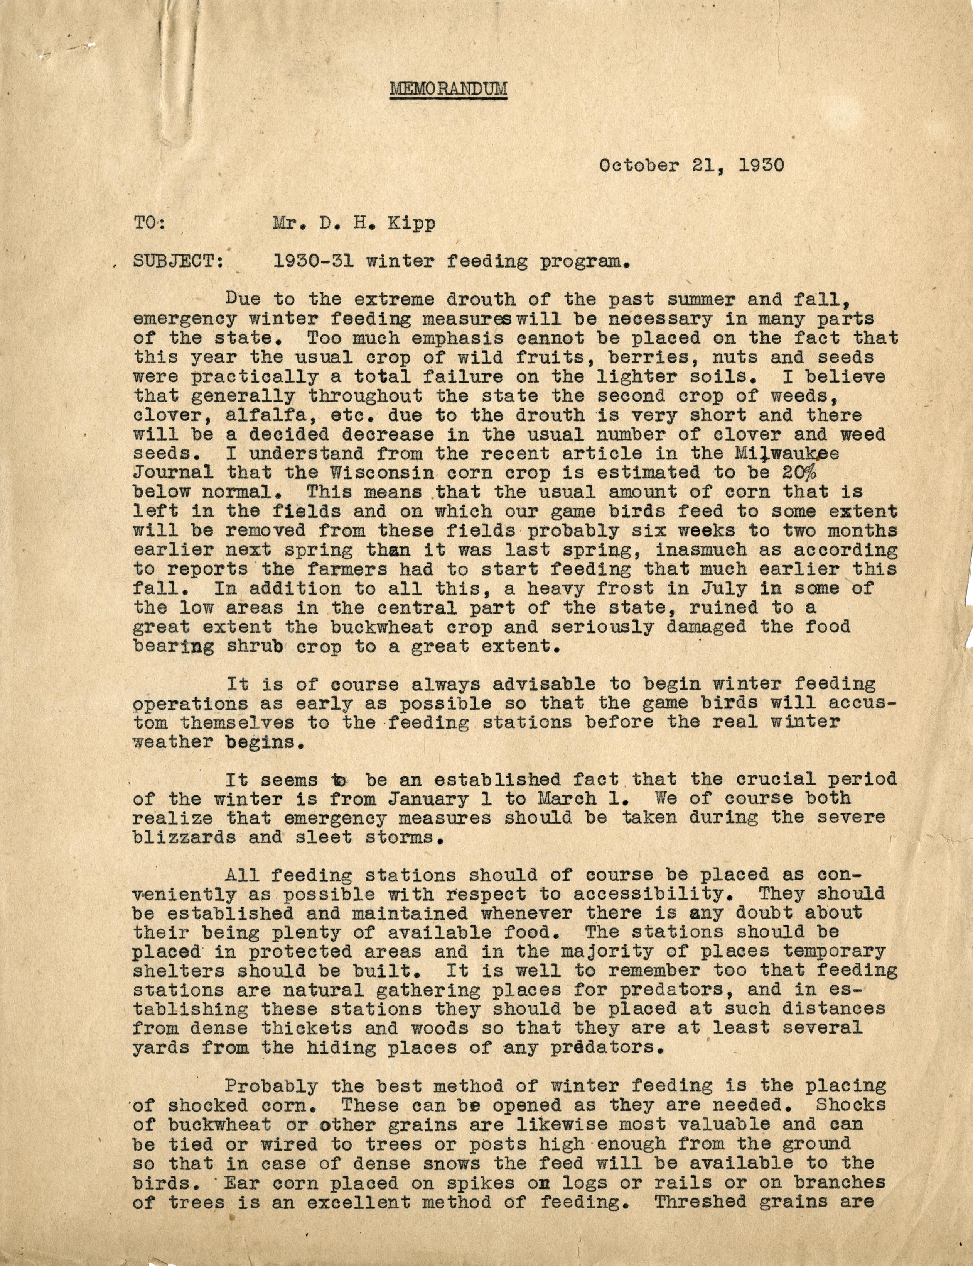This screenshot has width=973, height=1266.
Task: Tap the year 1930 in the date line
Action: click(762, 166)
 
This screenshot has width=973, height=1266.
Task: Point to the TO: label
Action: click(149, 224)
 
